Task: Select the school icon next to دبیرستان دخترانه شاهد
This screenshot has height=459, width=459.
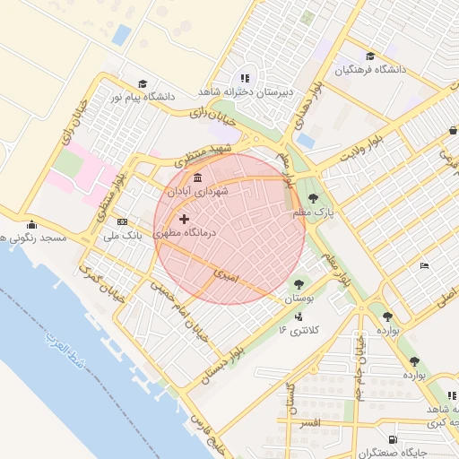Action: [x=246, y=77]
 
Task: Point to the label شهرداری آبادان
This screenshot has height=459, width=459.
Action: [x=197, y=192]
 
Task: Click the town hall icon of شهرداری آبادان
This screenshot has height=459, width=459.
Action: [x=197, y=176]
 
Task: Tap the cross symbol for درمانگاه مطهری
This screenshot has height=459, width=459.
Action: [x=185, y=219]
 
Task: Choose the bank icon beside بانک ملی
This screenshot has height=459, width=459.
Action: [x=122, y=222]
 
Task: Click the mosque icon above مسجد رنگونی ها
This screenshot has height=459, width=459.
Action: [x=32, y=224]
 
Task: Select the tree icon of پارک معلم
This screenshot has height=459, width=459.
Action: [x=313, y=198]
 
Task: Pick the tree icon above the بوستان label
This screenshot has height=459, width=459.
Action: [x=298, y=284]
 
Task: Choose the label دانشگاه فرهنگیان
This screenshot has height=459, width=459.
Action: [x=383, y=69]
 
